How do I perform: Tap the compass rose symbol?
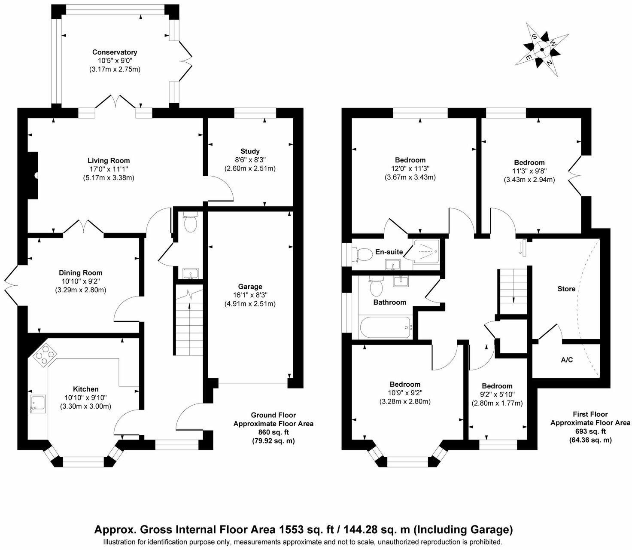coord(542,49)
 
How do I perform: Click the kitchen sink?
coord(38,404)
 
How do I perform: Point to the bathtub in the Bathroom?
coord(385,327)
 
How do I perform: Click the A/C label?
coord(567,360)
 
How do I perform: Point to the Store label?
coord(566,289)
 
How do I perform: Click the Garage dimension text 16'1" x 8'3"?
coord(250,295)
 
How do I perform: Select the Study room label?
coord(250,151)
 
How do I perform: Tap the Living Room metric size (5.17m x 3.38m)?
coord(109,178)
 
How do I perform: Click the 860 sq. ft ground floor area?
coord(273,432)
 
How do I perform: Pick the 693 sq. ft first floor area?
coord(590,431)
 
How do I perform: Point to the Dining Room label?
coord(81,273)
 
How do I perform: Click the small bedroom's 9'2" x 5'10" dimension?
coord(497,394)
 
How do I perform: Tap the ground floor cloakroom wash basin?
coord(189,273)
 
